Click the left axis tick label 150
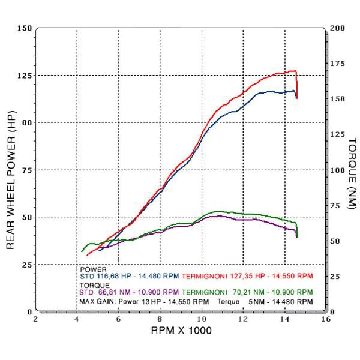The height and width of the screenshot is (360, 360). [x=25, y=28]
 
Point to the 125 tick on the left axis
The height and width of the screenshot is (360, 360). [x=25, y=75]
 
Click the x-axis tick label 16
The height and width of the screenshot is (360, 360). [x=326, y=319]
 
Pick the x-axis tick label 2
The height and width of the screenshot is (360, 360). [x=36, y=319]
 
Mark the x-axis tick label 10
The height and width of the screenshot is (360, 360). [x=202, y=319]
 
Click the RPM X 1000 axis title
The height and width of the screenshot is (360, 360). [x=181, y=331]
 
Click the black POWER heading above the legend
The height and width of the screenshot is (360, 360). [x=92, y=269]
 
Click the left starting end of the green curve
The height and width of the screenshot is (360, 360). [x=82, y=251]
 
